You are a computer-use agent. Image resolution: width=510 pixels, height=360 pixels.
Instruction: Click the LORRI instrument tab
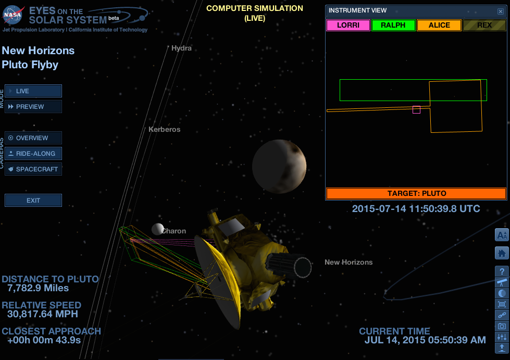tap(348, 25)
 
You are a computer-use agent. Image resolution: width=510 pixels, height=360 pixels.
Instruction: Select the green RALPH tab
tap(393, 25)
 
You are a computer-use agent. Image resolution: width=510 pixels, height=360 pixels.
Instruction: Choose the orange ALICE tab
tap(439, 25)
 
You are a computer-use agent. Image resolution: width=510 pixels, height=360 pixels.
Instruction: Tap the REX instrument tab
tap(484, 25)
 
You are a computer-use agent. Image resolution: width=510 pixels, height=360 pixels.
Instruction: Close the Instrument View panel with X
tap(501, 11)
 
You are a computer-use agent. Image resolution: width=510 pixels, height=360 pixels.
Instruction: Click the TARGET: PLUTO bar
tap(416, 193)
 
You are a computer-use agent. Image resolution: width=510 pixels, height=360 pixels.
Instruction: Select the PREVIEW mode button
tap(33, 107)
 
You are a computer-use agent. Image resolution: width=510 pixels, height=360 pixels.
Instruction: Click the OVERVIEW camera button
tap(33, 138)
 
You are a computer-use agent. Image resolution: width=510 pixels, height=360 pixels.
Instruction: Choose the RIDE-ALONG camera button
tap(33, 154)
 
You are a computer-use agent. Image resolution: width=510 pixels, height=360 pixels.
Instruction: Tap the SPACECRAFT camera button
tap(33, 169)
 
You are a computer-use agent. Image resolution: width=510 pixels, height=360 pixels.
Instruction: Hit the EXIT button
tap(33, 201)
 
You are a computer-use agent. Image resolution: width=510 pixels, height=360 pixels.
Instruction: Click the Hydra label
tap(181, 48)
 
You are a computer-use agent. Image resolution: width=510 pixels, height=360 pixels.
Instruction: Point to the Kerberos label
tap(164, 129)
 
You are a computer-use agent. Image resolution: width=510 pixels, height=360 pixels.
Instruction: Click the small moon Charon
tap(157, 229)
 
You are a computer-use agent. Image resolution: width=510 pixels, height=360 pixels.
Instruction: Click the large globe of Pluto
tap(279, 166)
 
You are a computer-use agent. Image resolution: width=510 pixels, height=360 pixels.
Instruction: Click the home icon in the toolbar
tap(502, 253)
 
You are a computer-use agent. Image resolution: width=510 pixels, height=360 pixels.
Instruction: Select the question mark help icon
tap(502, 271)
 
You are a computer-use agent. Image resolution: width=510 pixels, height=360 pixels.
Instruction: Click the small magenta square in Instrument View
tap(416, 109)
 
